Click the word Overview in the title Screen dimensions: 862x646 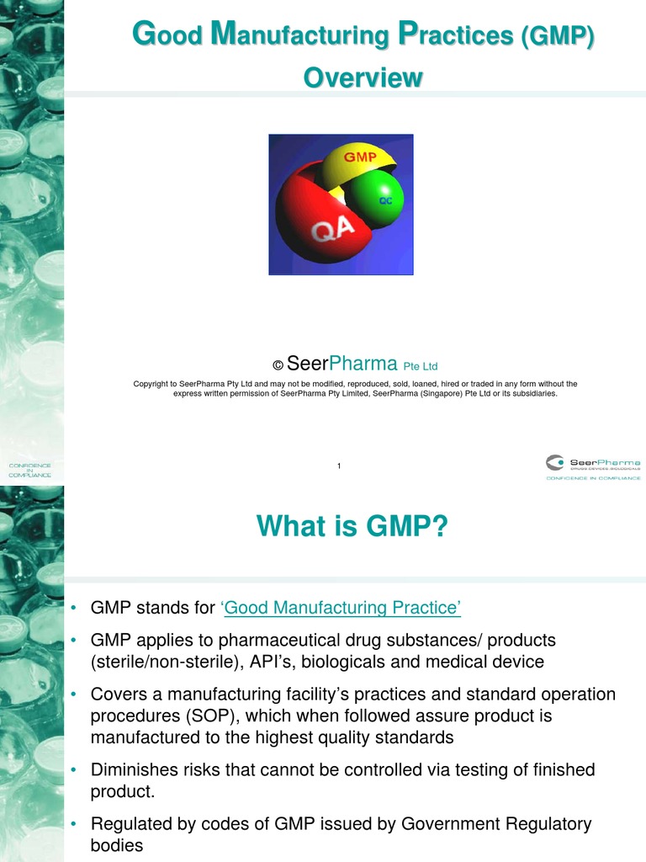[363, 77]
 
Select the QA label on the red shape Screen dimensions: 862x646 [336, 231]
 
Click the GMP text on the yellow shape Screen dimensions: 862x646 [359, 157]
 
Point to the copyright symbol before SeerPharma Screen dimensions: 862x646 [278, 365]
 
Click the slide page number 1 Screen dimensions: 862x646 [338, 466]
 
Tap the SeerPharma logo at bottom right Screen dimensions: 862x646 [592, 466]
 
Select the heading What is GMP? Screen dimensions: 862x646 [352, 527]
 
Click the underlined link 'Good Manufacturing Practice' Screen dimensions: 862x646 [341, 608]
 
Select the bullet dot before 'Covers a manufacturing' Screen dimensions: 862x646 [75, 694]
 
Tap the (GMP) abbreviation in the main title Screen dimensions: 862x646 [557, 36]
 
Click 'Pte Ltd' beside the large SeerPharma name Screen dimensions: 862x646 [421, 366]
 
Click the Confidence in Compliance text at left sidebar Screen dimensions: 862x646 [30, 470]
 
